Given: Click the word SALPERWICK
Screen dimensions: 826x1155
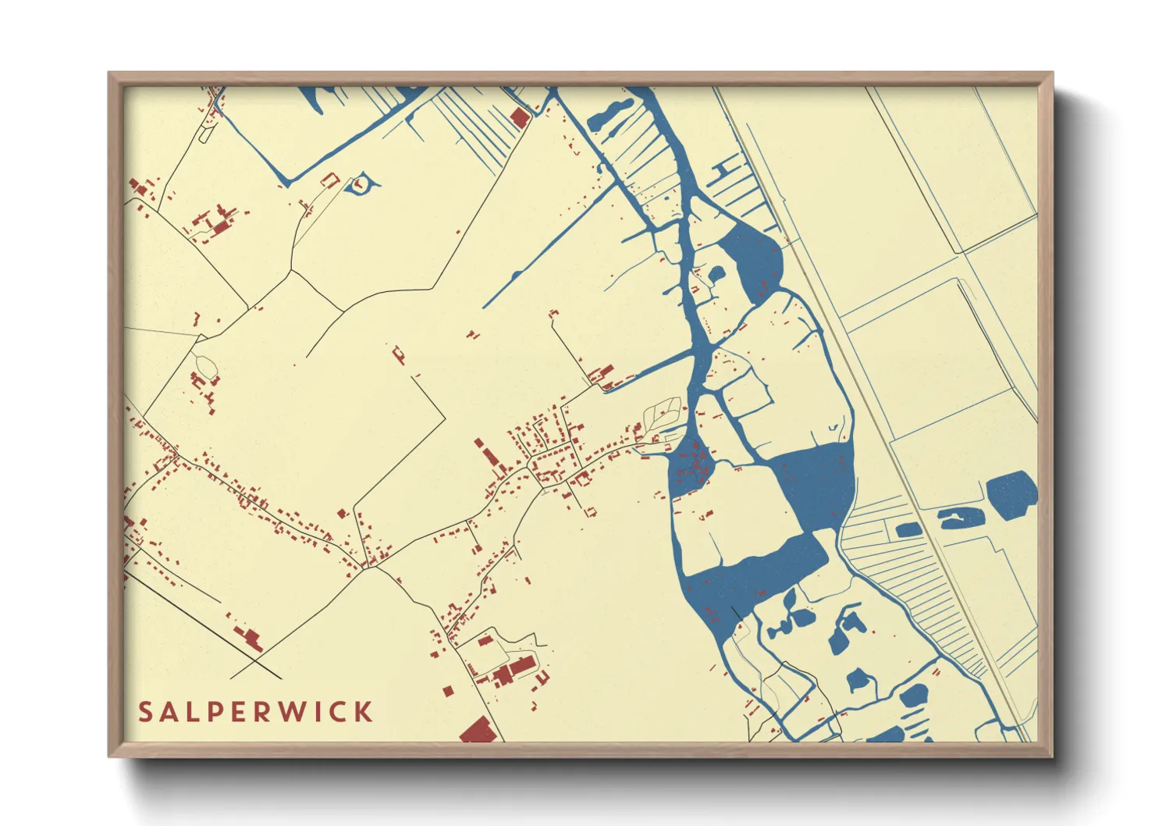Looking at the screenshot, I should [255, 712].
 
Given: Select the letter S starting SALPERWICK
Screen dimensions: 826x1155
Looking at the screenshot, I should [145, 712].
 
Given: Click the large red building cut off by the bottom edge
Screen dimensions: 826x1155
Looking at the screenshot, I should [478, 732].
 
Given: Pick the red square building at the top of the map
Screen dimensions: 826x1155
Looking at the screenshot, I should [519, 118].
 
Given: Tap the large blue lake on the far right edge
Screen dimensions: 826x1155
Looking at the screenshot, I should [1012, 492].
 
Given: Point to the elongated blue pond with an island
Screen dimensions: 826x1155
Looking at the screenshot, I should [961, 518].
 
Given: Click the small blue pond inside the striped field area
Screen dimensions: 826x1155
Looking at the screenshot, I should [908, 530].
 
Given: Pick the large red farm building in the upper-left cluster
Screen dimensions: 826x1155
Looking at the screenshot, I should [222, 226].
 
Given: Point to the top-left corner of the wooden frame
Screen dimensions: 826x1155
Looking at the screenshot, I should [111, 75].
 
